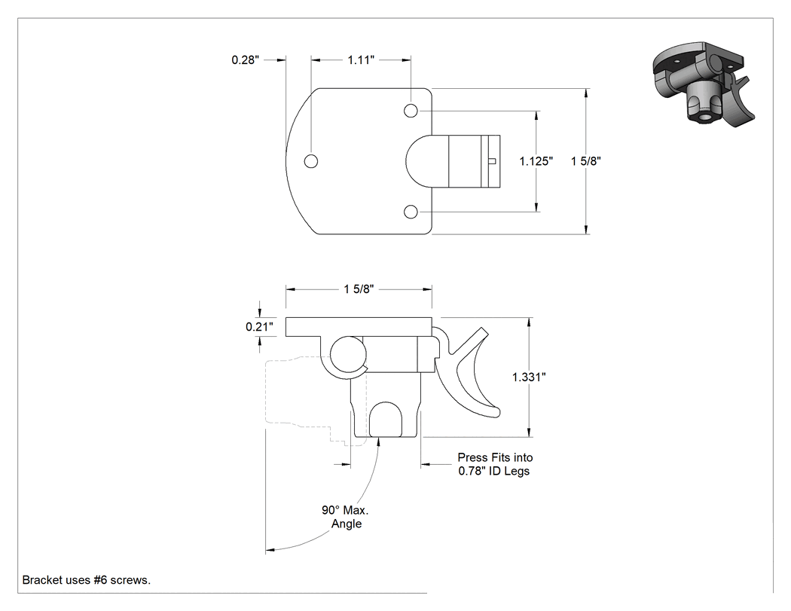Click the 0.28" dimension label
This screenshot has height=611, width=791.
click(x=245, y=60)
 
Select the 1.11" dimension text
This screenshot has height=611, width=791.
click(x=361, y=60)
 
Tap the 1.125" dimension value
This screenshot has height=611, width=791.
click(x=536, y=161)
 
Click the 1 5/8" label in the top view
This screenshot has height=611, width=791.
click(x=585, y=161)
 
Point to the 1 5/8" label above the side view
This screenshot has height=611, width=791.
click(x=359, y=289)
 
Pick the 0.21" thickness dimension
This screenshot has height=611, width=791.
click(x=259, y=327)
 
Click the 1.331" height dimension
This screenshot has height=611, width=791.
click(x=529, y=377)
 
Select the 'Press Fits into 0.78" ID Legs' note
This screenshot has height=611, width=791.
click(x=495, y=464)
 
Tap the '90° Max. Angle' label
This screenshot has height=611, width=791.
click(x=346, y=517)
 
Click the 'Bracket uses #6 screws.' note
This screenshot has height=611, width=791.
click(x=87, y=580)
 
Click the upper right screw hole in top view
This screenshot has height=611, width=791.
click(x=411, y=111)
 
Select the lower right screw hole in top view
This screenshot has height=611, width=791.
click(x=411, y=212)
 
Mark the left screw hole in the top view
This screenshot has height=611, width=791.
click(x=311, y=161)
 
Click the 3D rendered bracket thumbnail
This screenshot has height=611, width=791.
click(x=704, y=84)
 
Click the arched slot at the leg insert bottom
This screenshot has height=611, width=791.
click(x=386, y=420)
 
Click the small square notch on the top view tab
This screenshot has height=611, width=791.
click(x=493, y=161)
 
